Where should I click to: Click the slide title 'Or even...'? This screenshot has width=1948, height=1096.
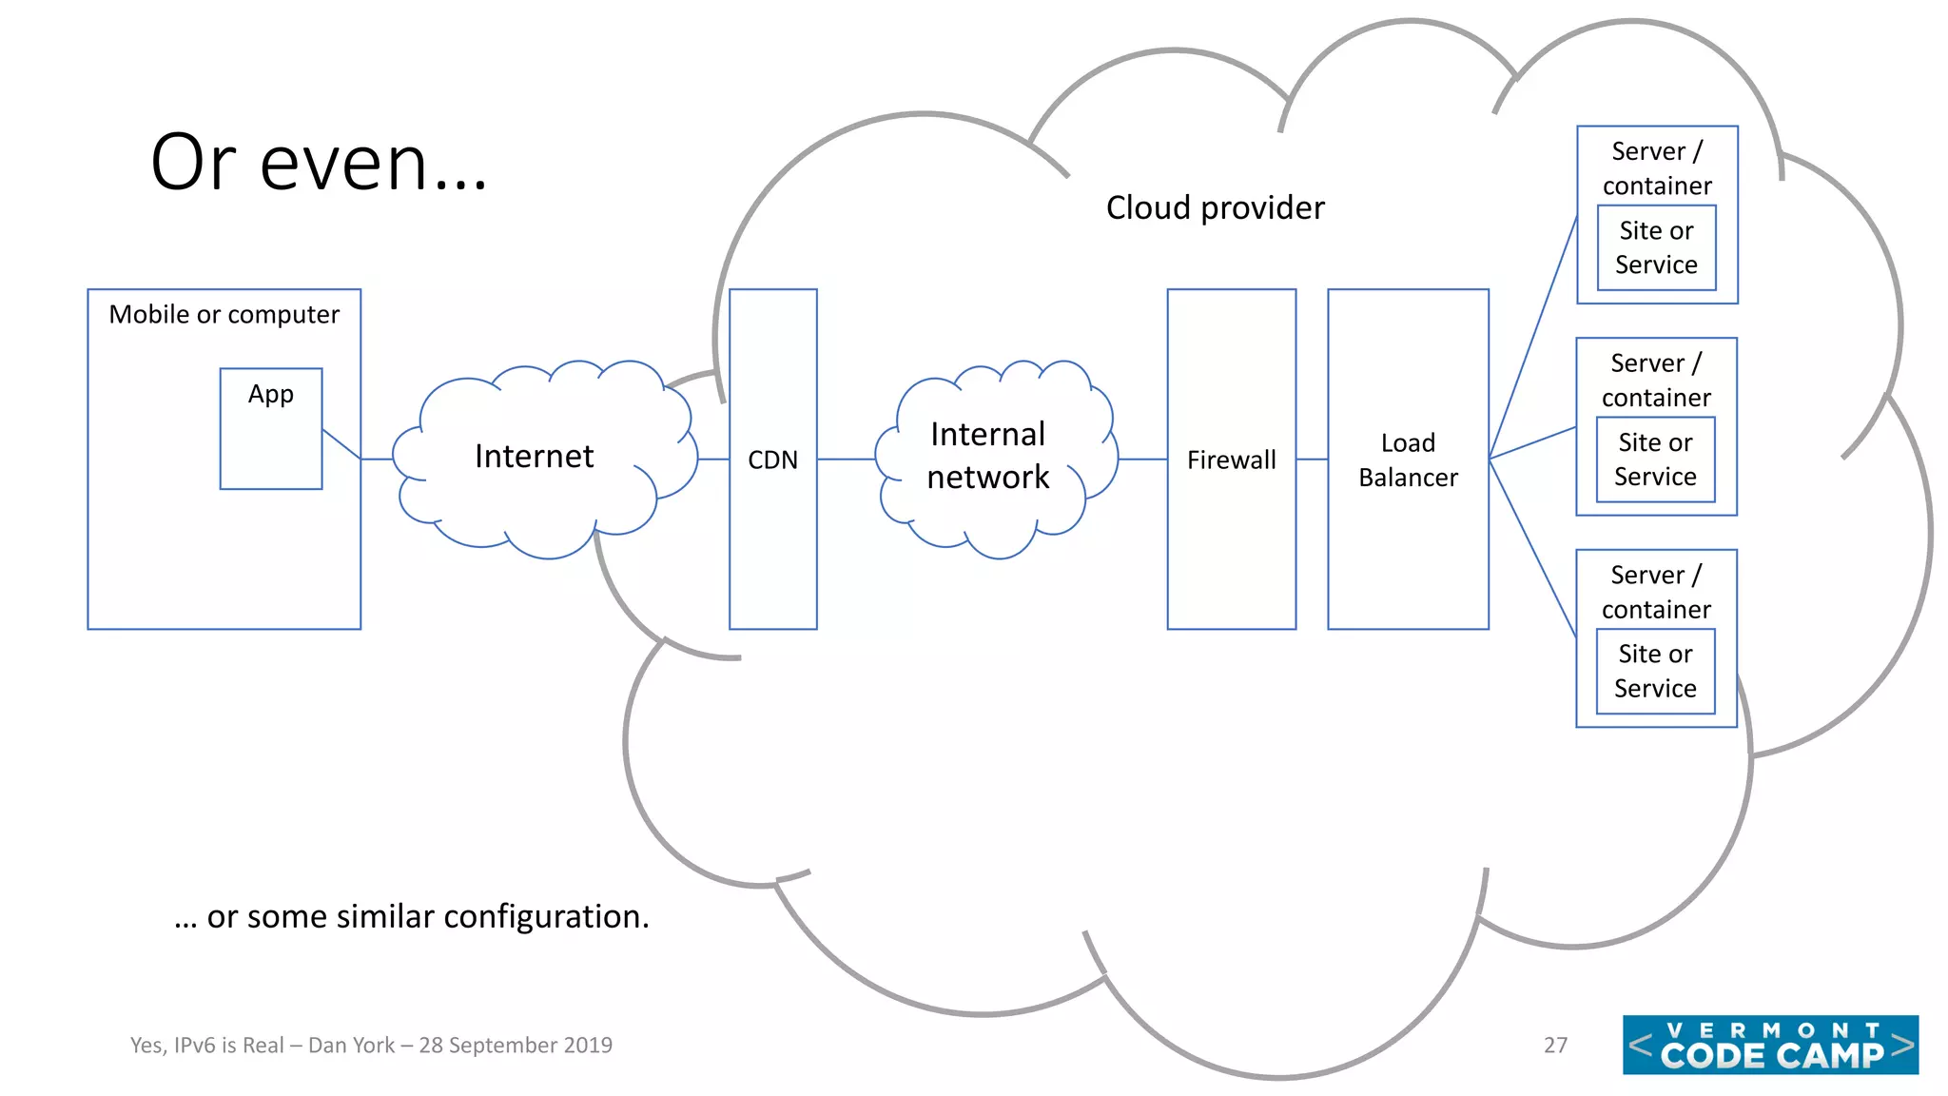tap(319, 163)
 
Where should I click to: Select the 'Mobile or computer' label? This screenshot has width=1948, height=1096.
tap(224, 314)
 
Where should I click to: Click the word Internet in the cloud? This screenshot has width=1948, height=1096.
tap(534, 457)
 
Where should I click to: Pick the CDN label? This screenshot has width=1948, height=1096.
tap(772, 460)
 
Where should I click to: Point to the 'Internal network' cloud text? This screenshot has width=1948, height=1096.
tap(988, 455)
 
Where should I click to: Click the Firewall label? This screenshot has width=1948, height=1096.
tap(1231, 460)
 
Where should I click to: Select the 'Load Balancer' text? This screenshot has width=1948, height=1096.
tap(1408, 460)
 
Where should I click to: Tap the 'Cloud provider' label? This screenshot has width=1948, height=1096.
tap(1215, 207)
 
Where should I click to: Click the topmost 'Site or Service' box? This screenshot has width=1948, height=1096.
tap(1656, 247)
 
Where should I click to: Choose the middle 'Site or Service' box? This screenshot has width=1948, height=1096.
tap(1655, 460)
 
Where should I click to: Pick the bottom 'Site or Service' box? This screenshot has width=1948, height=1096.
tap(1655, 671)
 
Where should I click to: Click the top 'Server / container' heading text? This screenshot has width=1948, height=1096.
tap(1657, 167)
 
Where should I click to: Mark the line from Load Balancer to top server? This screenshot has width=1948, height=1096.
tap(1532, 338)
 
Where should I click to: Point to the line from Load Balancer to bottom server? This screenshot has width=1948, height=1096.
tap(1532, 547)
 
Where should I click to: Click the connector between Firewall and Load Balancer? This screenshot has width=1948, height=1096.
tap(1312, 460)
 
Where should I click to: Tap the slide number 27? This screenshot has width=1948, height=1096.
tap(1555, 1045)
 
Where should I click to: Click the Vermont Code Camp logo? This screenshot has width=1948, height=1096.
tap(1770, 1045)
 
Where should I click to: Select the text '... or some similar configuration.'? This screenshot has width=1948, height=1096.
tap(412, 916)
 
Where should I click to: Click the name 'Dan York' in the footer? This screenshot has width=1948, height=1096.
tap(351, 1045)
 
